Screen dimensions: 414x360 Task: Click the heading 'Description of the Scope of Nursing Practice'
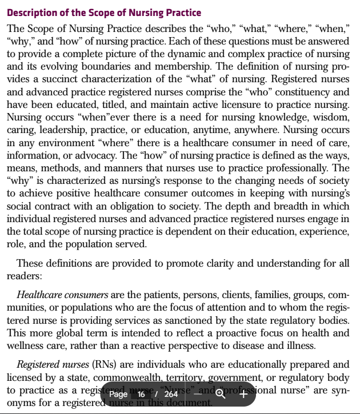pyautogui.click(x=103, y=13)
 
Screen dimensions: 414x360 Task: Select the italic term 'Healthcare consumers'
pyautogui.click(x=62, y=295)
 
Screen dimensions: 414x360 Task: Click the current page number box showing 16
pyautogui.click(x=141, y=394)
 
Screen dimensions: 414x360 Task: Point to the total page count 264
pyautogui.click(x=171, y=394)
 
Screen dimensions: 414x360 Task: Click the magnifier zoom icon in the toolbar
pyautogui.click(x=221, y=394)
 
